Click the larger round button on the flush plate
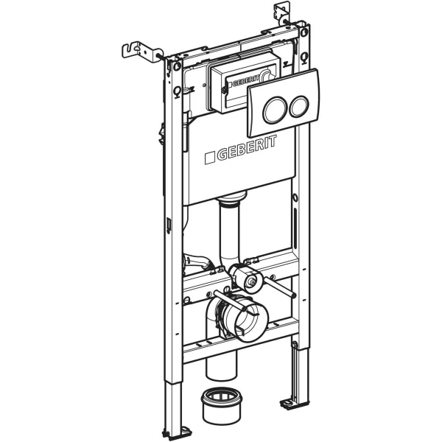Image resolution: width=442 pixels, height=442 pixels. tap(275, 110)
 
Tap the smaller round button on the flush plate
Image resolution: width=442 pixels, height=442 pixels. tap(298, 106)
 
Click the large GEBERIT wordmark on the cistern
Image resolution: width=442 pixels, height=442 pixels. tap(247, 148)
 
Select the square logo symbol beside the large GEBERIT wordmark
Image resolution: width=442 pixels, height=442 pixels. tap(210, 158)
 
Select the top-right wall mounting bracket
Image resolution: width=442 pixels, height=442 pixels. tap(282, 12)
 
